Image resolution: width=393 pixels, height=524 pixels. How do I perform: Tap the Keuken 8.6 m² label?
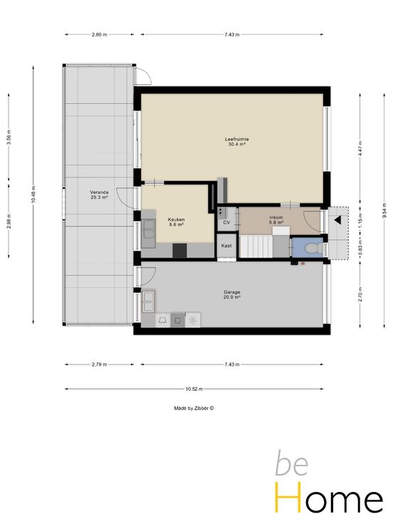click(176, 222)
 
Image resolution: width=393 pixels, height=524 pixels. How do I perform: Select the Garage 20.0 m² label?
click(232, 295)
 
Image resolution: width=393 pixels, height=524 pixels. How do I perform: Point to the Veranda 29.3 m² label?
click(99, 195)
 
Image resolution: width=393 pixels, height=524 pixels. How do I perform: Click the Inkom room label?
click(276, 217)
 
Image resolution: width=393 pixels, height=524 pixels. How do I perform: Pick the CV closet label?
click(226, 223)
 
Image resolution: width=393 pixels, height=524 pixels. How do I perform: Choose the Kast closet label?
click(226, 246)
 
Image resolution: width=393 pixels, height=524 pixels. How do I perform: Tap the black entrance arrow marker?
click(337, 220)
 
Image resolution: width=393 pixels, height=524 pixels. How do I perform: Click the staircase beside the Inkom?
click(256, 246)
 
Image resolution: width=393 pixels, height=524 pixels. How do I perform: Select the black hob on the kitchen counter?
click(179, 251)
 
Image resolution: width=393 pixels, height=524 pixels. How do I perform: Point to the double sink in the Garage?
click(148, 301)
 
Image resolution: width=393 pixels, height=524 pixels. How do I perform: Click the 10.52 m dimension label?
click(194, 389)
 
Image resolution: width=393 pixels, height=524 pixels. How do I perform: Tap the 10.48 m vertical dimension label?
click(33, 194)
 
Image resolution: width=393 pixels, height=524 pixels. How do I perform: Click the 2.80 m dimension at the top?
click(99, 34)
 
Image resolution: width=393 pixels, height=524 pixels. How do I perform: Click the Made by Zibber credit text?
click(194, 408)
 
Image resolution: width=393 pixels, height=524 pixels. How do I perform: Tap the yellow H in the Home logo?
click(288, 497)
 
